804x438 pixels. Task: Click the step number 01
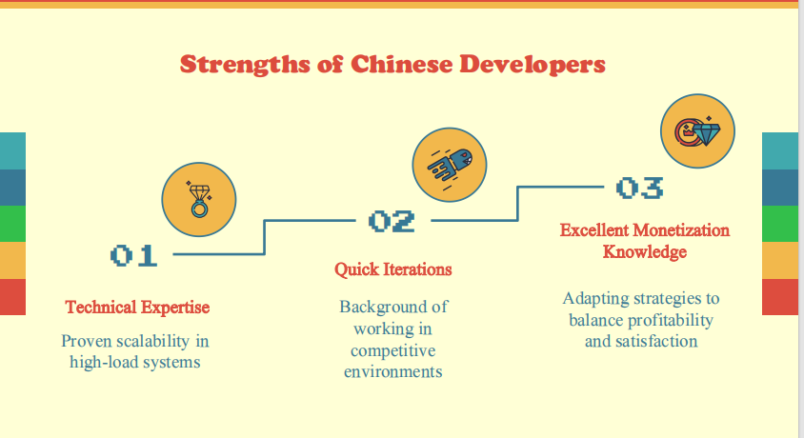point(133,255)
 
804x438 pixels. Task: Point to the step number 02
point(392,222)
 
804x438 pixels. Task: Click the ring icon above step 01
point(199,199)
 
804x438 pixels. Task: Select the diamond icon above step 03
point(698,130)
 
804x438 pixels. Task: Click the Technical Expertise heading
point(137,308)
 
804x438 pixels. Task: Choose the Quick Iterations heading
point(392,269)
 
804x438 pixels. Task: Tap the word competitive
point(392,350)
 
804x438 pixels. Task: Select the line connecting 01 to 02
point(265,238)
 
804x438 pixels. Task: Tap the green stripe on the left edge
point(12,224)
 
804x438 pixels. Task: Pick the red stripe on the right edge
point(780,296)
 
